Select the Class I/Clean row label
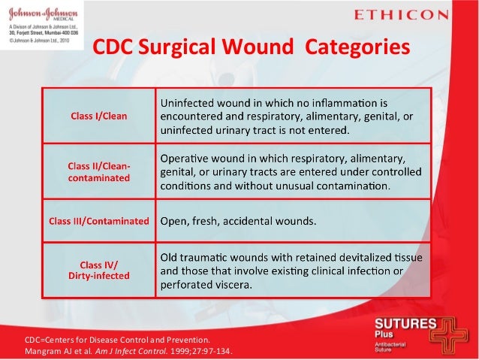pyautogui.click(x=98, y=116)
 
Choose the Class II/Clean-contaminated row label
pyautogui.click(x=98, y=171)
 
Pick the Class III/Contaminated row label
pyautogui.click(x=98, y=221)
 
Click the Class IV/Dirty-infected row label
pyautogui.click(x=98, y=270)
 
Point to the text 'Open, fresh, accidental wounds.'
pyautogui.click(x=239, y=221)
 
